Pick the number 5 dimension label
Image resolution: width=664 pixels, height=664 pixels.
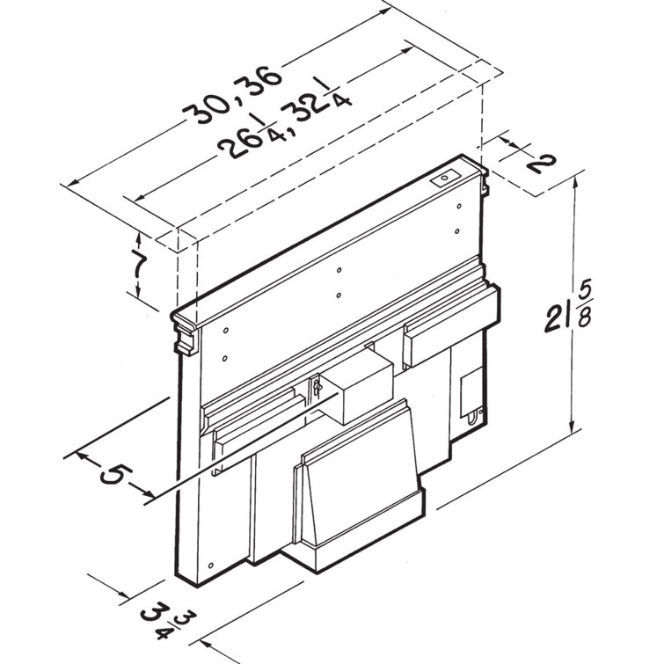tap(113, 476)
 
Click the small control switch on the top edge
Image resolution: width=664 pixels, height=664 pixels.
tap(446, 177)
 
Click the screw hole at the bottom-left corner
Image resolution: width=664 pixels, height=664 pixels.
tap(211, 564)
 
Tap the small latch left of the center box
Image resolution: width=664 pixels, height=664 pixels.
tap(312, 390)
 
